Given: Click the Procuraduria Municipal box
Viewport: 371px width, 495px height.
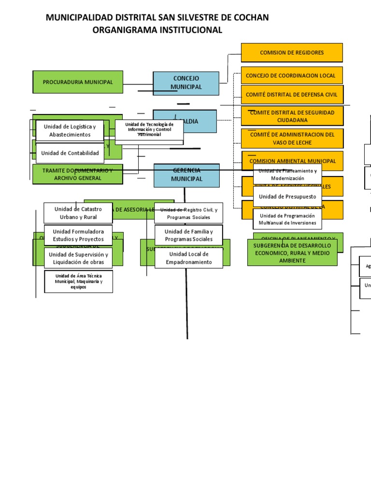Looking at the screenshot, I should [78, 82].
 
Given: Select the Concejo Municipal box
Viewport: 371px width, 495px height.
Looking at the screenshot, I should [186, 83].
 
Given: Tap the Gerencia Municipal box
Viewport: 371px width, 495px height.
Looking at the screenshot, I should [186, 175].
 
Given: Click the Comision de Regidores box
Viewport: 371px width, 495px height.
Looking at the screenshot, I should [292, 53].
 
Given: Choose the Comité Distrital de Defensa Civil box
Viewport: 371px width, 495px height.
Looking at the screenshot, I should [292, 95].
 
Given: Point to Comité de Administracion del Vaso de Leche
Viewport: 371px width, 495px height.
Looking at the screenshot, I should [292, 139].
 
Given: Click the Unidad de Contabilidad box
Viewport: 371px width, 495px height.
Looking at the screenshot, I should [70, 153].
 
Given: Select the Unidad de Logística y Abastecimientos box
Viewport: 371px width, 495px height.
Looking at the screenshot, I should [70, 131].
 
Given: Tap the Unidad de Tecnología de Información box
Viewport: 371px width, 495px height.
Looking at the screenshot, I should [149, 130].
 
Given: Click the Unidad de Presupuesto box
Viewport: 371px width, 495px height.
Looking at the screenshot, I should [287, 197].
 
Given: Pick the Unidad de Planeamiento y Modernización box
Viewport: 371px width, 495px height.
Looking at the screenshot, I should [287, 175].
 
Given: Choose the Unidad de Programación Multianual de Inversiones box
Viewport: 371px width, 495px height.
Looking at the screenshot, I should [287, 219].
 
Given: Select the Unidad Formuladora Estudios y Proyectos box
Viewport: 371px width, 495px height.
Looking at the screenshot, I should [78, 235].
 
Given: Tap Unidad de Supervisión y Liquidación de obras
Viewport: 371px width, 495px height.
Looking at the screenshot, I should [78, 258].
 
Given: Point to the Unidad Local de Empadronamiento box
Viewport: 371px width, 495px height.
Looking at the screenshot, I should [188, 258].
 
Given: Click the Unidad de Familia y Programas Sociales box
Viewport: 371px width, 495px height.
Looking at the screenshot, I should [188, 235].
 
